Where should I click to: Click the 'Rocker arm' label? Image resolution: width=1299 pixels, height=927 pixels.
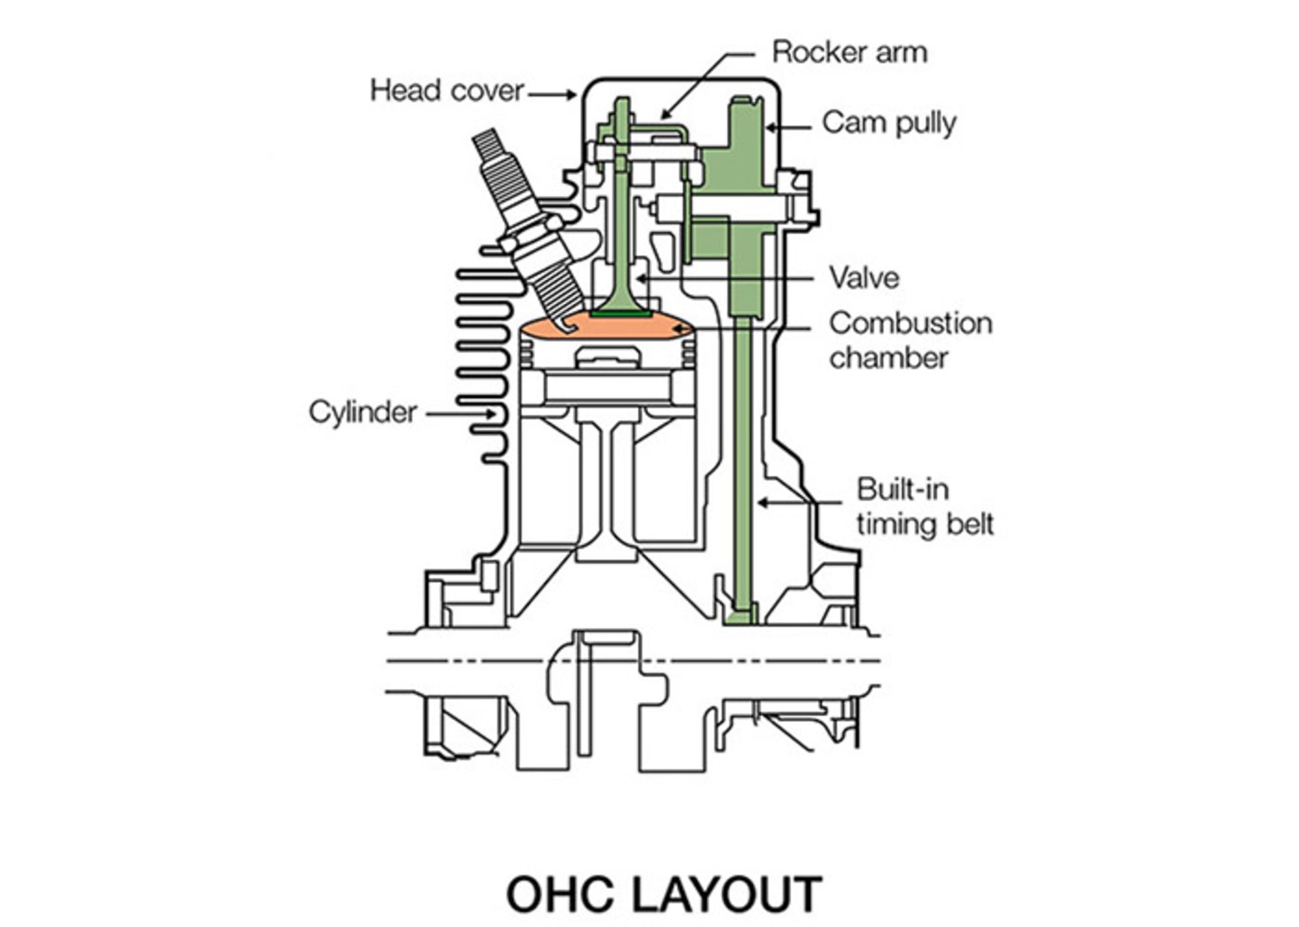tap(849, 53)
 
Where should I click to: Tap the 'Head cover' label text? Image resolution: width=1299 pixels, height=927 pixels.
tap(447, 91)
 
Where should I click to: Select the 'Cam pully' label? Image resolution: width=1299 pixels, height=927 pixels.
tap(888, 123)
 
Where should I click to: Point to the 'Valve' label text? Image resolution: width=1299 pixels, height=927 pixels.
tap(864, 278)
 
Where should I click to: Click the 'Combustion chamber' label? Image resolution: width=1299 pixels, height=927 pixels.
tap(910, 340)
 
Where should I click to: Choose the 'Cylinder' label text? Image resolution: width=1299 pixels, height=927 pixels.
tap(363, 412)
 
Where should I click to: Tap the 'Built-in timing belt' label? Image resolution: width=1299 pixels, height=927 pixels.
tap(924, 506)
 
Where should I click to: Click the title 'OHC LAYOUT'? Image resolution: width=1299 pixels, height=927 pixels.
tap(664, 894)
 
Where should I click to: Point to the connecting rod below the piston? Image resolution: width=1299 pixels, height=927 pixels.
tap(607, 487)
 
